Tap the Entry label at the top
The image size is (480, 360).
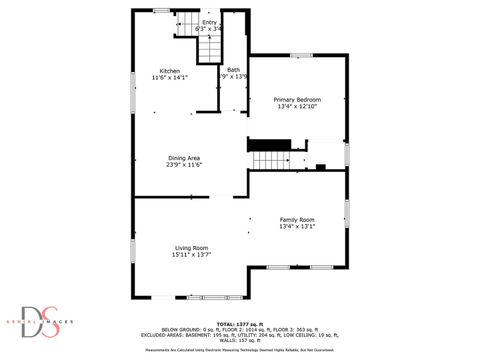click(x=209, y=22)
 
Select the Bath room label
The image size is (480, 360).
click(x=233, y=69)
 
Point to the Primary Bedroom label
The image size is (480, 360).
click(x=297, y=100)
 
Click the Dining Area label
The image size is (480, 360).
click(x=184, y=158)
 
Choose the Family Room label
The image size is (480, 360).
click(x=297, y=219)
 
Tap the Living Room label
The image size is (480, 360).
click(x=191, y=248)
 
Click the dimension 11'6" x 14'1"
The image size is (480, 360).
click(x=168, y=77)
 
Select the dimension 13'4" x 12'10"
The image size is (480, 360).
click(x=297, y=107)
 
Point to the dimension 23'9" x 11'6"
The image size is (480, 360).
click(x=184, y=165)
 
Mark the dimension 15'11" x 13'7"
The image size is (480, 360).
click(x=190, y=255)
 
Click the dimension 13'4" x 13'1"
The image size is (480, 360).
click(x=297, y=226)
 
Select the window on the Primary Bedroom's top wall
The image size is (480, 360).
click(x=300, y=55)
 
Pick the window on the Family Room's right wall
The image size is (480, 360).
click(x=346, y=215)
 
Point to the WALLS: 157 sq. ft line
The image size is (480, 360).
click(x=239, y=340)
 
